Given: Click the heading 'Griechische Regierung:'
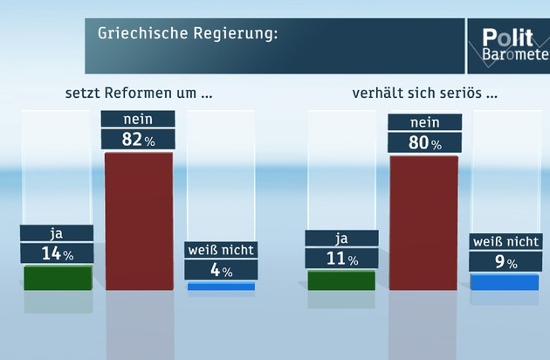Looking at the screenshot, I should (188, 34).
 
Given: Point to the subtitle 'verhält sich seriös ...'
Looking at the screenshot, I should (424, 92).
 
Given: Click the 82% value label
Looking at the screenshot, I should (139, 139).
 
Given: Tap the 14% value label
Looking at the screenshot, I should (58, 253).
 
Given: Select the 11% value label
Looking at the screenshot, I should (341, 259).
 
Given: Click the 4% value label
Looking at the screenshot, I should (220, 270).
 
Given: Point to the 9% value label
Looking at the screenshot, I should (505, 260).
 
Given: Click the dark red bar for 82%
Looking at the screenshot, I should (139, 220).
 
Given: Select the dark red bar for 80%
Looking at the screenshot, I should (423, 223).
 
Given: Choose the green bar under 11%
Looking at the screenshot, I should (341, 280).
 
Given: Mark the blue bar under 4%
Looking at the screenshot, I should (220, 286).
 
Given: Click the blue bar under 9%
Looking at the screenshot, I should (505, 281).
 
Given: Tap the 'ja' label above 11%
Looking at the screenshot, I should (341, 239).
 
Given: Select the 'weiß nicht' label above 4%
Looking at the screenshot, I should (220, 251).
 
